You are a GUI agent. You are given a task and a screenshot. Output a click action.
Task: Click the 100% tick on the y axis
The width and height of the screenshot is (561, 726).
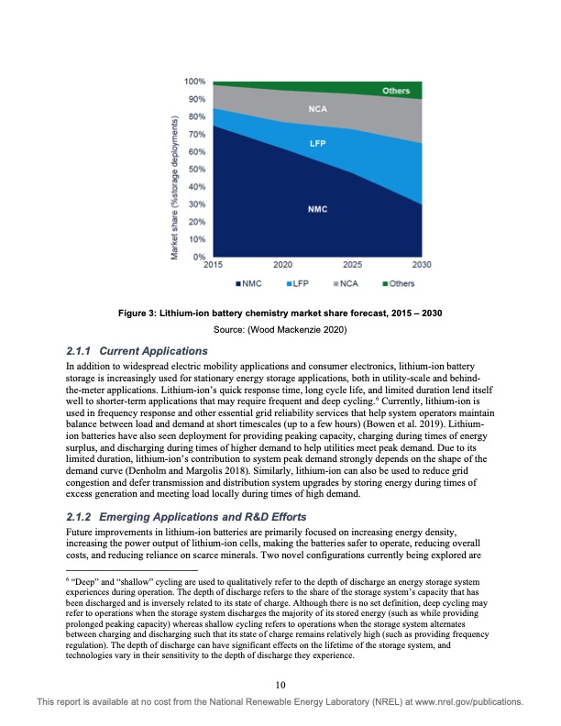tap(193, 82)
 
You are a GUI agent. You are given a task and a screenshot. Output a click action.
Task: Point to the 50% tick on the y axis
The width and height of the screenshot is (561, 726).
tap(195, 170)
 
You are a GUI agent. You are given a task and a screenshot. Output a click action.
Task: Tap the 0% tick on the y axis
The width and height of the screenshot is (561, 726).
tap(198, 257)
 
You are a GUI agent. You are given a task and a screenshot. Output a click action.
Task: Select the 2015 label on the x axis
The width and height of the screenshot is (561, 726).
tap(214, 266)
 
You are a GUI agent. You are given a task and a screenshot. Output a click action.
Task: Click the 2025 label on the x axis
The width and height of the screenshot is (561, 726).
tap(352, 266)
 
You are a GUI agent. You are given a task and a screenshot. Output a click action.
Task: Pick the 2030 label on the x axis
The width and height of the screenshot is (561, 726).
tap(422, 266)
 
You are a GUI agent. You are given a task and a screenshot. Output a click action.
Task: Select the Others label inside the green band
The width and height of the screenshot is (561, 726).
tap(395, 92)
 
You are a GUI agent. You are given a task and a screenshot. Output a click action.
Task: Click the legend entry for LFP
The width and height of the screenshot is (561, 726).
tap(299, 284)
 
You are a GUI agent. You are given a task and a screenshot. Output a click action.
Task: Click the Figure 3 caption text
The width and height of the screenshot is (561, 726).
tap(281, 313)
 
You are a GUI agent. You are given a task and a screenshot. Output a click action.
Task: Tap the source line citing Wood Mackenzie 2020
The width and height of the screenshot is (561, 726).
tap(281, 328)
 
